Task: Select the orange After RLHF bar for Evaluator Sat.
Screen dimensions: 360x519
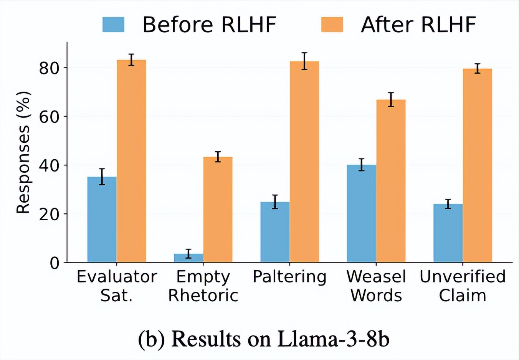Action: (131, 161)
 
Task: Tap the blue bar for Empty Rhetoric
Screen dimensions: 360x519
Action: (188, 258)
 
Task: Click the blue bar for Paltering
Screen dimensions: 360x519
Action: (275, 232)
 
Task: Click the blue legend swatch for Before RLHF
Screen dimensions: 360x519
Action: (113, 25)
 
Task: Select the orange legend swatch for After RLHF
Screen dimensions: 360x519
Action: (332, 25)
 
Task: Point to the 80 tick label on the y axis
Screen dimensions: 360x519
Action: (49, 68)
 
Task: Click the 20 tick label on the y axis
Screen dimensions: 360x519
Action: (49, 214)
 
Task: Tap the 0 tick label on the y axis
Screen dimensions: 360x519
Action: (55, 263)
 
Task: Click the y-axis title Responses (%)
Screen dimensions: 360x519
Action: (23, 152)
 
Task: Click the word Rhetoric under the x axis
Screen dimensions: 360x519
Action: (203, 296)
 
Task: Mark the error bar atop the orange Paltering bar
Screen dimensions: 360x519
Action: (304, 61)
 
